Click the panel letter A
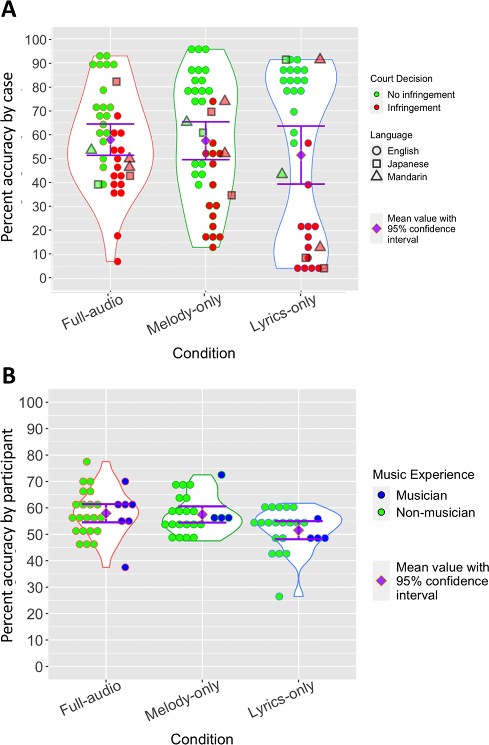[9, 9]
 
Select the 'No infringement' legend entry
[421, 95]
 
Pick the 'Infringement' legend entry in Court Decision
[414, 108]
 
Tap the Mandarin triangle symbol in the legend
[377, 176]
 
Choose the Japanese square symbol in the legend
[377, 164]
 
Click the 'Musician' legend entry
[421, 495]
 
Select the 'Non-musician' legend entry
[435, 512]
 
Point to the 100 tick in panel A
[36, 40]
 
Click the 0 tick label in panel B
[39, 666]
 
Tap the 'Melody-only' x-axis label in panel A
[184, 315]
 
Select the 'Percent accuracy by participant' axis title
[7, 535]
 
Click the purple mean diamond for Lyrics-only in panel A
[301, 155]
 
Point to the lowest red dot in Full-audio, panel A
[117, 262]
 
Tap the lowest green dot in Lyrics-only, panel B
[279, 596]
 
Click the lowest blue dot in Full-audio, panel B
[125, 567]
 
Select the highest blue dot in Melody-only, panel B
[221, 475]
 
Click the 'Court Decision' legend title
[401, 79]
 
